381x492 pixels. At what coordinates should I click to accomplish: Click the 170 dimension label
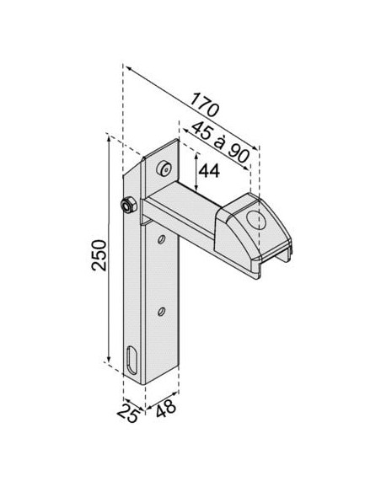204,104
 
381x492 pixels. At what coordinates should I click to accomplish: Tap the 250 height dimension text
99,254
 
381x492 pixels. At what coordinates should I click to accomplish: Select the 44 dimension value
209,171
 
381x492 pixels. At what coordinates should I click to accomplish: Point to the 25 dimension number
128,413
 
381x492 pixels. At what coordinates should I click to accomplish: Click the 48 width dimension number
166,409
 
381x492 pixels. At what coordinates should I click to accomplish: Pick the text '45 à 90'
221,142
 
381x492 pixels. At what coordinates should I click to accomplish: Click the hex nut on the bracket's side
128,206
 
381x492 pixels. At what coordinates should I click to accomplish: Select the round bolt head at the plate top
164,168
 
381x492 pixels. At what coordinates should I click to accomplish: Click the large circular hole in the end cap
255,220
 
